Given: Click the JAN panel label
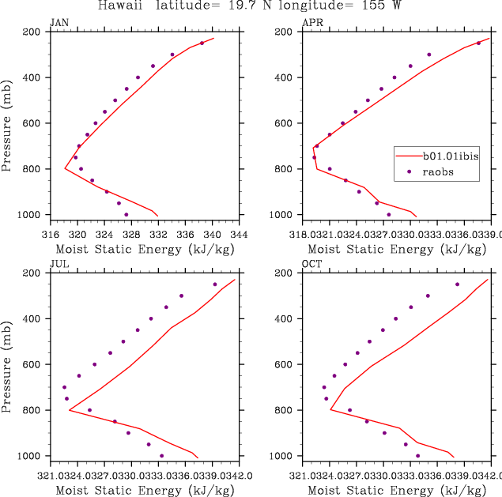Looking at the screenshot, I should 59,22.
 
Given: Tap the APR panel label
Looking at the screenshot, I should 312,22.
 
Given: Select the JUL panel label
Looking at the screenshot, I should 58,263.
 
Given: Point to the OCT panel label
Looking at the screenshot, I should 312,263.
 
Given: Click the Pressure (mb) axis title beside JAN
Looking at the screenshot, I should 7,123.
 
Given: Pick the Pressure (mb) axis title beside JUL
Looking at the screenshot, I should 7,364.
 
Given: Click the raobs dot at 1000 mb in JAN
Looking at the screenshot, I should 126,214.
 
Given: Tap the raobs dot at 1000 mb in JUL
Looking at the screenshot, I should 162,456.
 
